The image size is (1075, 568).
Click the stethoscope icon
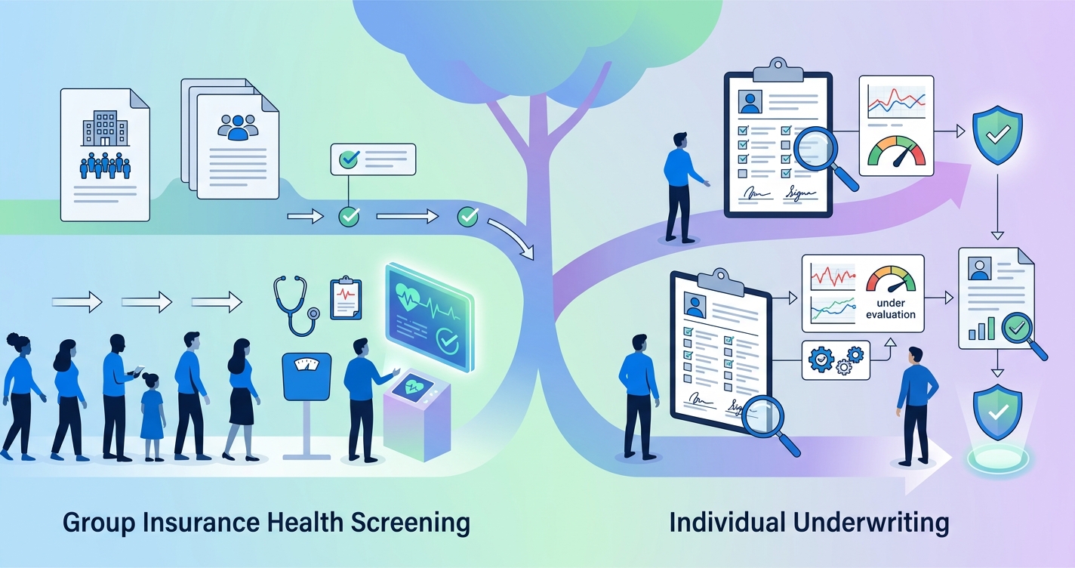[x=295, y=306]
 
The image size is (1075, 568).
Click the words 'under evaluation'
[x=891, y=309]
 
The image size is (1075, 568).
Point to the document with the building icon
[x=105, y=155]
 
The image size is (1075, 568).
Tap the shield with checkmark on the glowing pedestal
[x=997, y=415]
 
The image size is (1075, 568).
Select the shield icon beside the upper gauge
[x=997, y=135]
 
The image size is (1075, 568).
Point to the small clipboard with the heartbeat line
[x=346, y=299]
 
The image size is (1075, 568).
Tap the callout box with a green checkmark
[x=373, y=159]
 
